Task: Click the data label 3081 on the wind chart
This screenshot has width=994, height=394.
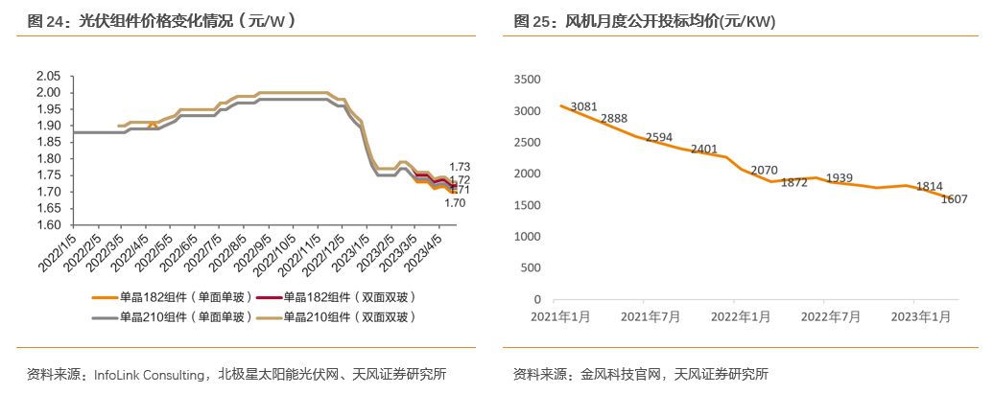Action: (x=584, y=106)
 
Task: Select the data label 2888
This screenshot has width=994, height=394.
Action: (x=614, y=119)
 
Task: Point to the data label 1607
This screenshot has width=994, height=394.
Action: (x=954, y=199)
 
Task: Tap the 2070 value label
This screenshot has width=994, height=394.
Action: (x=764, y=170)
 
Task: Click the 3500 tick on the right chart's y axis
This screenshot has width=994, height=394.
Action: (x=529, y=80)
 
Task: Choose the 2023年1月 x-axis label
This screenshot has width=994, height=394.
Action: (x=921, y=314)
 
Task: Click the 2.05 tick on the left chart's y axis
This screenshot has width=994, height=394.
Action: (x=48, y=76)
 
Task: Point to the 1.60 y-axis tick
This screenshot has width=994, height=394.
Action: (x=48, y=224)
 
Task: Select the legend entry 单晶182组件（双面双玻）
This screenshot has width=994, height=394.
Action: (x=343, y=297)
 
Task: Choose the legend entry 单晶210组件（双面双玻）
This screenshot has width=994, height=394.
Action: (x=343, y=316)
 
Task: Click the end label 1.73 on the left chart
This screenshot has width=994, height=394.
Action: (x=459, y=168)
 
